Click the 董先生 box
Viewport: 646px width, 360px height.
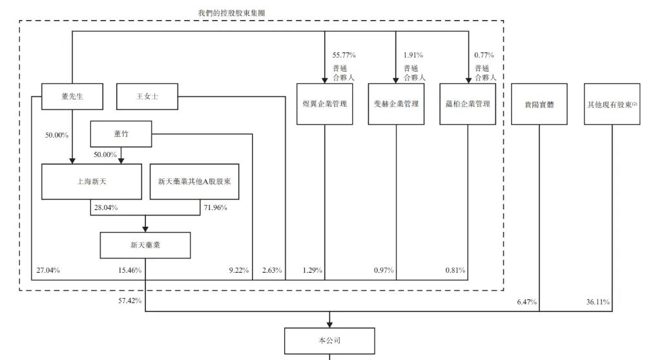[72, 96]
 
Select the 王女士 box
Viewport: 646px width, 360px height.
[147, 96]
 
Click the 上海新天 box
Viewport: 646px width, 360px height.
[91, 181]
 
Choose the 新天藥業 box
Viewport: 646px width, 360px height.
[145, 246]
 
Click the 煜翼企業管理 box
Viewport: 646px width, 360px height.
[324, 103]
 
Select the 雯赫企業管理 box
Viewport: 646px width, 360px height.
[396, 103]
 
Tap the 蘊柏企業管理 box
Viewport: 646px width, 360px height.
[468, 103]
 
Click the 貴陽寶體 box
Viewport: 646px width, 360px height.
[539, 103]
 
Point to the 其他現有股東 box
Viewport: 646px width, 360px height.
[611, 103]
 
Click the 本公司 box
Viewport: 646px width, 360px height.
[330, 341]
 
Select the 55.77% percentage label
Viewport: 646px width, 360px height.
[344, 55]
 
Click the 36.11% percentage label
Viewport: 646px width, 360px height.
[597, 301]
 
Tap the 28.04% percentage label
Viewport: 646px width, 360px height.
[105, 207]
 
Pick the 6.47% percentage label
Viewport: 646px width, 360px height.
[526, 301]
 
